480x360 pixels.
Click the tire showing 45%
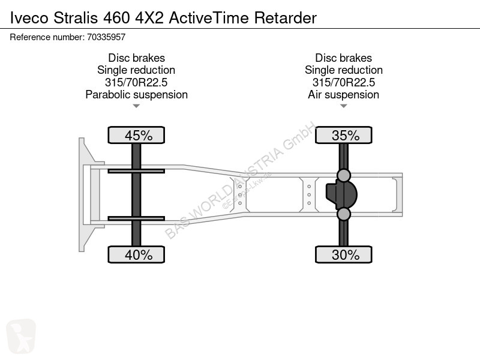(x=136, y=135)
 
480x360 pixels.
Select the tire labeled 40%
(x=136, y=254)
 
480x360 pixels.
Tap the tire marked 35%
(x=343, y=135)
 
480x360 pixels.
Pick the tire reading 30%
(x=343, y=254)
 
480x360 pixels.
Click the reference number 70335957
(x=106, y=37)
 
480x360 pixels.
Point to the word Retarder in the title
(x=286, y=18)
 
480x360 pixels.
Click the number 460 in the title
(x=116, y=18)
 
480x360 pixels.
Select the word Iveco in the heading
(x=29, y=18)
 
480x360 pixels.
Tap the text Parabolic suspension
(x=137, y=95)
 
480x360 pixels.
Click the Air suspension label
(x=343, y=95)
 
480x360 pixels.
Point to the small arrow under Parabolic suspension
(x=136, y=106)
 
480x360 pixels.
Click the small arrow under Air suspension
(x=343, y=106)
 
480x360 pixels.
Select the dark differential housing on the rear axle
(x=342, y=194)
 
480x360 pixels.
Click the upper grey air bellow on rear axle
(x=343, y=175)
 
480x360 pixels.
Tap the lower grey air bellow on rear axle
(x=343, y=214)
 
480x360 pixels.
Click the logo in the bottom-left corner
(x=21, y=336)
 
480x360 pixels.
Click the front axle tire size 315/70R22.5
(x=136, y=82)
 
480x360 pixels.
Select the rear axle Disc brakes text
(x=343, y=58)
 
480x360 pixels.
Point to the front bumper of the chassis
(x=82, y=194)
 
